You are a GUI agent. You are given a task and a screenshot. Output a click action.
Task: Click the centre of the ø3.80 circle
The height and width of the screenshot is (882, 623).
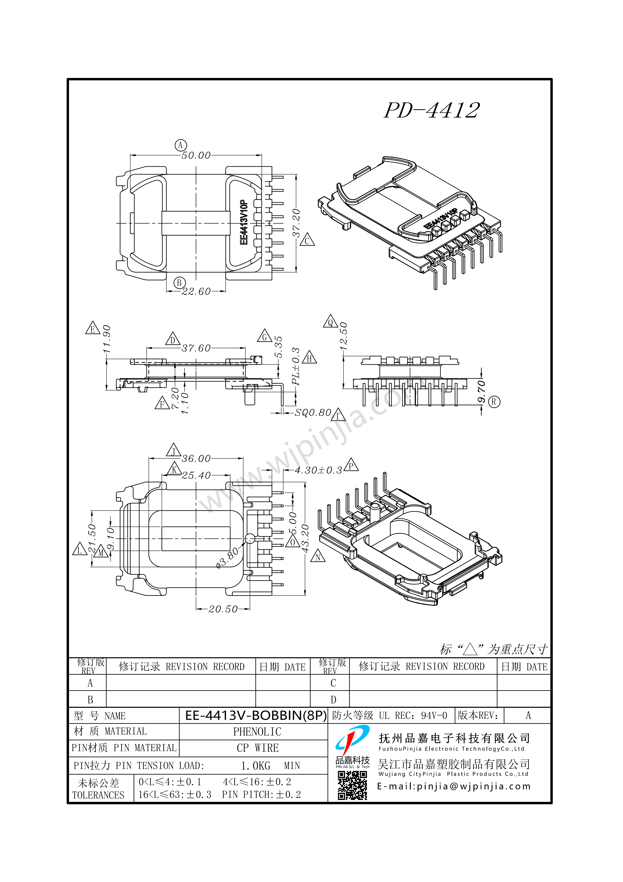[250, 539]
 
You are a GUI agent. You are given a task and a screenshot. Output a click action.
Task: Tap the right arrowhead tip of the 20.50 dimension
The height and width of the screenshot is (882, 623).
[250, 609]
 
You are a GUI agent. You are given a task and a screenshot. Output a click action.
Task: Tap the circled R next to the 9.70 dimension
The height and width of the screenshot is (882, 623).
[494, 402]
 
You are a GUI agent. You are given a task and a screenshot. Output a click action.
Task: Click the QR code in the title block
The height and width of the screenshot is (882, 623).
[352, 786]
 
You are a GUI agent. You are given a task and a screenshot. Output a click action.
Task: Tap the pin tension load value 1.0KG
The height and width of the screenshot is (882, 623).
[255, 766]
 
